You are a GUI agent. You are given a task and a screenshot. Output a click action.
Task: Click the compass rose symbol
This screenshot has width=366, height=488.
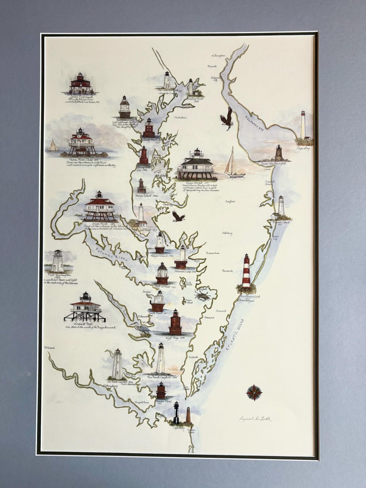coord(254,392)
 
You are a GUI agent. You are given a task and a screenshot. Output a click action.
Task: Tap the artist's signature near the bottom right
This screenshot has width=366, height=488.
coord(255,419)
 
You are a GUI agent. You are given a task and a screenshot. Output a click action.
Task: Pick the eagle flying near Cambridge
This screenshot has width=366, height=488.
coord(178,216)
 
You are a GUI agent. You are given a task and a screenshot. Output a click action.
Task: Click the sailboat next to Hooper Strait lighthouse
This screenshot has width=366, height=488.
coord(233,164)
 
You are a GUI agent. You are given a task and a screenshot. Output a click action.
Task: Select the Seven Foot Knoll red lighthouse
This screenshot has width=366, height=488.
coord(81,83)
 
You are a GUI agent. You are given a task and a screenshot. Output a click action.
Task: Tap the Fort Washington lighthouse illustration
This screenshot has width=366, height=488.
coord(58,261)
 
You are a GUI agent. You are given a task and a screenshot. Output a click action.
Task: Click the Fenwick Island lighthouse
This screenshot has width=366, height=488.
coord(281,207)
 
